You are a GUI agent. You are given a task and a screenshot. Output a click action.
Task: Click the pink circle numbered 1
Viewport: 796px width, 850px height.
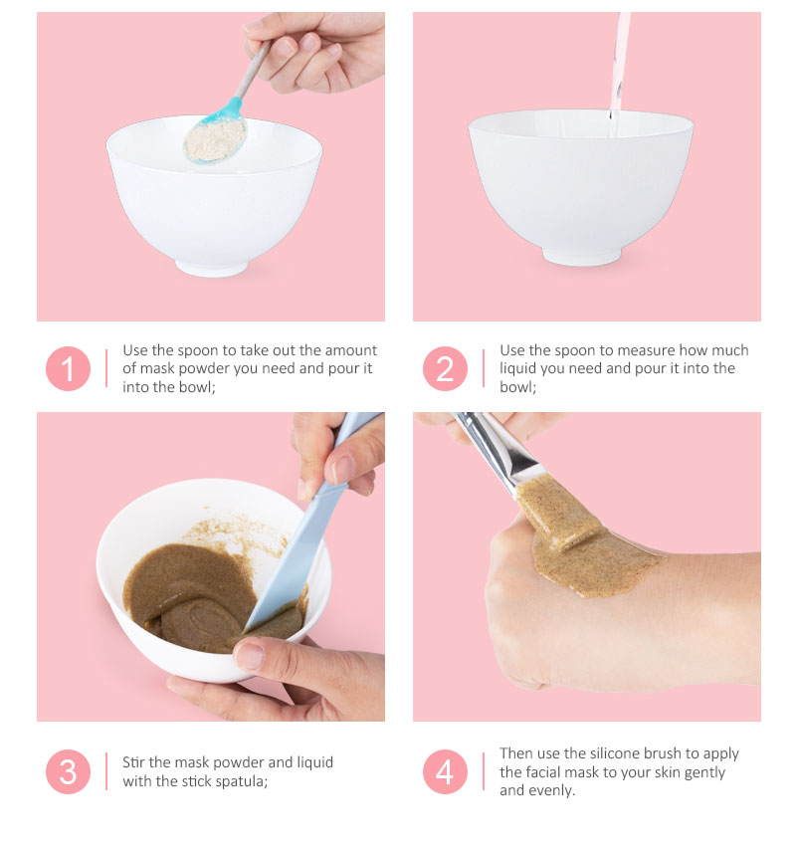[x=68, y=368]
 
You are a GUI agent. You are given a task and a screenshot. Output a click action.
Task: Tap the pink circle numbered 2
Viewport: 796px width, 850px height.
[x=445, y=368]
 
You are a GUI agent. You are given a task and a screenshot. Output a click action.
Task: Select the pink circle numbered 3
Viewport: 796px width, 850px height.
[x=68, y=771]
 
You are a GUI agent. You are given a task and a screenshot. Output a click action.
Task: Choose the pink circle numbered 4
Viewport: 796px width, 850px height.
[x=445, y=771]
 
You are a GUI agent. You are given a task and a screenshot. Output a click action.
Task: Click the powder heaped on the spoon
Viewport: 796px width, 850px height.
[x=215, y=140]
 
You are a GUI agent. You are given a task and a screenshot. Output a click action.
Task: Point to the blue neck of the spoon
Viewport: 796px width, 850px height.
[x=230, y=107]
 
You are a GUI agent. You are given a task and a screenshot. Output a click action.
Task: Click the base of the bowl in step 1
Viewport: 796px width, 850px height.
[x=212, y=268]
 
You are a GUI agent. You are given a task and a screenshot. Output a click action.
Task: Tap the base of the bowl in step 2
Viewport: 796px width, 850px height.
[x=582, y=256]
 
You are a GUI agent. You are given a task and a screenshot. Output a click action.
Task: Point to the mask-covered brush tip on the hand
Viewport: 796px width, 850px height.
[x=558, y=513]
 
